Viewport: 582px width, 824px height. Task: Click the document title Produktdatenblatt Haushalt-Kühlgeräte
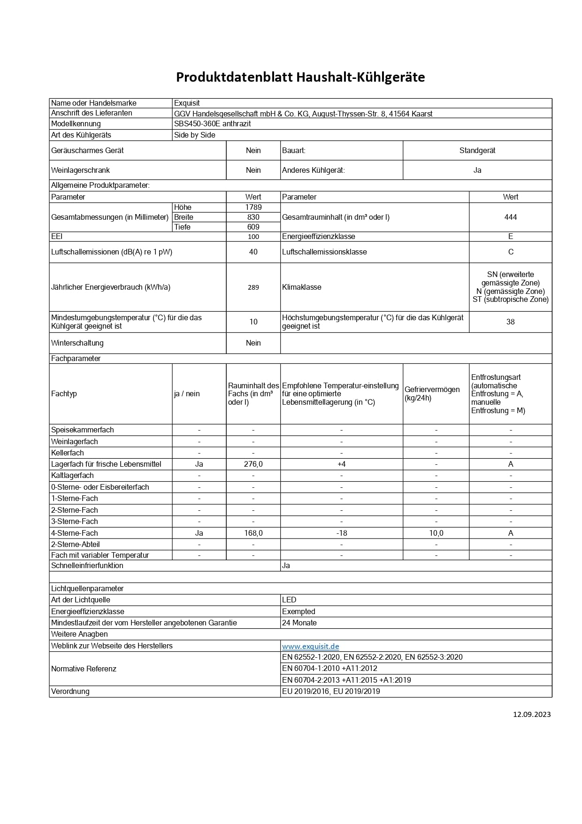click(300, 77)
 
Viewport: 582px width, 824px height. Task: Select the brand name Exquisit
click(187, 103)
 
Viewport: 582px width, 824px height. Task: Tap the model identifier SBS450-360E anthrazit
click(212, 124)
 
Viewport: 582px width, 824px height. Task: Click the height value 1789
click(253, 208)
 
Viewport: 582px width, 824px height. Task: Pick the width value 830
click(253, 217)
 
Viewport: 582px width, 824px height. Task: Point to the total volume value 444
click(510, 217)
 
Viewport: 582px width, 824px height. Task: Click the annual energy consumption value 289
click(253, 287)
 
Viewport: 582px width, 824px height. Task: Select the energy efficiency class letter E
click(510, 237)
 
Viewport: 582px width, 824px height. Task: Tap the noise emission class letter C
click(510, 252)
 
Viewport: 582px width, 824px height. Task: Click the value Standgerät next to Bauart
click(477, 151)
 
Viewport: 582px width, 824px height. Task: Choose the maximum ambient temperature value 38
click(510, 322)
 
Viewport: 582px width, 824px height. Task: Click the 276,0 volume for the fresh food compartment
click(253, 464)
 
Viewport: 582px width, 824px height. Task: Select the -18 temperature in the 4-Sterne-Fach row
click(341, 533)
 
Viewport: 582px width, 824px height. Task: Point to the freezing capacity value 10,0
click(436, 533)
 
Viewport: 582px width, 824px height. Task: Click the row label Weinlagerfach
click(74, 442)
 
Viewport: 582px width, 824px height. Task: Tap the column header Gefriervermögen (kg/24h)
click(432, 394)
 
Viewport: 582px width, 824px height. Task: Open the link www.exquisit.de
click(310, 647)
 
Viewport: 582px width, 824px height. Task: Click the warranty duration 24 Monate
click(299, 623)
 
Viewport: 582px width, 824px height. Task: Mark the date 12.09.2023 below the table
click(531, 715)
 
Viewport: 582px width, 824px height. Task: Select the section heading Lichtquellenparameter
click(87, 589)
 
